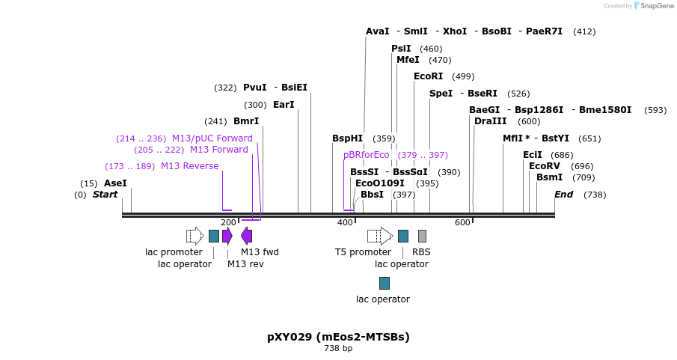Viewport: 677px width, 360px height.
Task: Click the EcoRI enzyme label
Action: pyautogui.click(x=428, y=76)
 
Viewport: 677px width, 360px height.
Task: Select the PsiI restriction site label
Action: pyautogui.click(x=401, y=49)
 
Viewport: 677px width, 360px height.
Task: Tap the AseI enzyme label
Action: pyautogui.click(x=115, y=183)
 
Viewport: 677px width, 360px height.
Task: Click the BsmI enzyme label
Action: pyautogui.click(x=549, y=177)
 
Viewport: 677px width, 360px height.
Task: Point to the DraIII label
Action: pyautogui.click(x=490, y=121)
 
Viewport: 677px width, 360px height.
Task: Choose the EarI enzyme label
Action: pyautogui.click(x=284, y=105)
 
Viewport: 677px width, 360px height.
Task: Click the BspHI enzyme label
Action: pyautogui.click(x=347, y=138)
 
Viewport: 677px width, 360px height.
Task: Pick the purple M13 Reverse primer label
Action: pyautogui.click(x=189, y=166)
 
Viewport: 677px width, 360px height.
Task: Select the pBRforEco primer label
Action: pyautogui.click(x=367, y=155)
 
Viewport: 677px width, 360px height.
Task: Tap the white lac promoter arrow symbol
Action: pyautogui.click(x=194, y=237)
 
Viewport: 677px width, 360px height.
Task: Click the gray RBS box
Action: pyautogui.click(x=422, y=237)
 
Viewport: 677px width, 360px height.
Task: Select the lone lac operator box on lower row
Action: pyautogui.click(x=384, y=283)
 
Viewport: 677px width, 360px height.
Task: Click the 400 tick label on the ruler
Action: pyautogui.click(x=345, y=223)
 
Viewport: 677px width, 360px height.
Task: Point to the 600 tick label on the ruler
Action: pyautogui.click(x=462, y=223)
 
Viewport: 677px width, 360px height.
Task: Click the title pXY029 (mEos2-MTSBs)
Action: pyautogui.click(x=338, y=337)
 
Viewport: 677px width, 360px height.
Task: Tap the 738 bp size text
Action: pyautogui.click(x=338, y=349)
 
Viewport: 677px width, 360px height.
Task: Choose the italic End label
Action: pyautogui.click(x=563, y=195)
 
